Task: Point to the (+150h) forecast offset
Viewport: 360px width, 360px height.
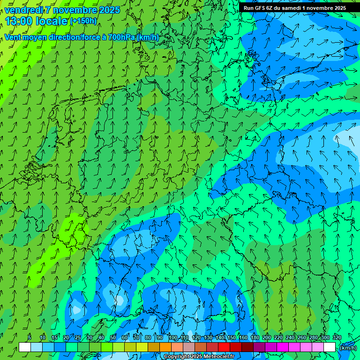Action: tap(83, 21)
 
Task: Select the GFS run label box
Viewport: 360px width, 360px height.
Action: tap(295, 8)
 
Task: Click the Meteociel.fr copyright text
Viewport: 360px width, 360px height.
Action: tap(199, 357)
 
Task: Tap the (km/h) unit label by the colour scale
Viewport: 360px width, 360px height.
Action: tap(348, 348)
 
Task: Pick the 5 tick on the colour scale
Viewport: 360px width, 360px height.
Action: tap(30, 337)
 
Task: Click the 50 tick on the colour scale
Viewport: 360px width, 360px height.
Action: tap(112, 337)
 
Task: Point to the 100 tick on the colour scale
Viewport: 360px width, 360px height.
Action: tap(173, 337)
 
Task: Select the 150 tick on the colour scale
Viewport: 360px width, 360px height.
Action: tap(232, 337)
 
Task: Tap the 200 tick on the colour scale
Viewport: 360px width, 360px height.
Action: tap(267, 337)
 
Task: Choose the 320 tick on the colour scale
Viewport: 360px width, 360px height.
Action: tap(337, 337)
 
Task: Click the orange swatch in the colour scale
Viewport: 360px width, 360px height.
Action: tap(165, 347)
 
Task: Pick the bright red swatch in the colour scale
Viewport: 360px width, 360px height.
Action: tap(224, 347)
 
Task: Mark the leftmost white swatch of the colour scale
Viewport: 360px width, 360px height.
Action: tap(25, 347)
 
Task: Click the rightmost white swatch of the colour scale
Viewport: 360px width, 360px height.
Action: tap(330, 347)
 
